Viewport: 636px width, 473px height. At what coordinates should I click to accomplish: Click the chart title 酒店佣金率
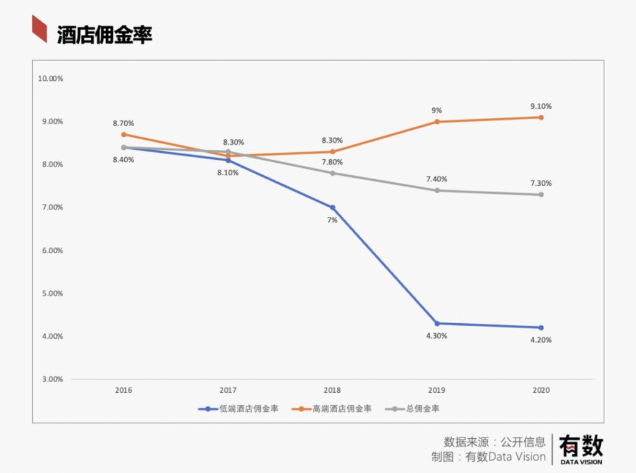[x=104, y=35]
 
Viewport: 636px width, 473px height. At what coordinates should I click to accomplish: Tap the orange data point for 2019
[x=437, y=122]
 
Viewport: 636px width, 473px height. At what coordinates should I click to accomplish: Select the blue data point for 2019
[x=437, y=323]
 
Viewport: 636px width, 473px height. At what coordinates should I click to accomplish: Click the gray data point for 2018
[x=332, y=173]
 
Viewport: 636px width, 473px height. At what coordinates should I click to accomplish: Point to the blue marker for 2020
[x=541, y=328]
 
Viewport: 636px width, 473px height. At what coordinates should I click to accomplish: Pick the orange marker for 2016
[x=124, y=134]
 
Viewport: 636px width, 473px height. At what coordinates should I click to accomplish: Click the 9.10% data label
[x=541, y=106]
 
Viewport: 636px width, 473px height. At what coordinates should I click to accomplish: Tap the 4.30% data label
[x=437, y=336]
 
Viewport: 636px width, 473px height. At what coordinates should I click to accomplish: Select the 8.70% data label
[x=124, y=123]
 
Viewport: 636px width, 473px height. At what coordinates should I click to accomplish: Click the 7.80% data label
[x=332, y=162]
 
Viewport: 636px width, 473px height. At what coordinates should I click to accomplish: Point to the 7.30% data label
[x=541, y=183]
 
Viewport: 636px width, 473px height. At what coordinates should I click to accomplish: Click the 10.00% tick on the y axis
[x=50, y=79]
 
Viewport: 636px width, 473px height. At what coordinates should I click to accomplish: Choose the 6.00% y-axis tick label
[x=50, y=250]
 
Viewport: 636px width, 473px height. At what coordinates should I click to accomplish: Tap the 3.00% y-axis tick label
[x=50, y=379]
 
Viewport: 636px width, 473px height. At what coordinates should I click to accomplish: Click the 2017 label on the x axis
[x=228, y=390]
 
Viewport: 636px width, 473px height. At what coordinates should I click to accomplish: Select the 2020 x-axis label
[x=541, y=390]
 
